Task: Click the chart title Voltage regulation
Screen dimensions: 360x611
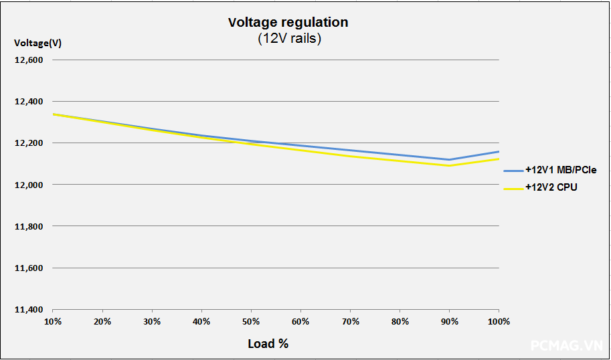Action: [288, 22]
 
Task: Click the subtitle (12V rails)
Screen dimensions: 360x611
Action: [290, 39]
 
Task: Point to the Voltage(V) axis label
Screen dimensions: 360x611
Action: [38, 43]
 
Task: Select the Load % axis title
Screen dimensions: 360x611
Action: [268, 343]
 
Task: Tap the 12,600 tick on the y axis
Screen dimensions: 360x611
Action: [29, 60]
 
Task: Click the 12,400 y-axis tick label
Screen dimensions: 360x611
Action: [29, 102]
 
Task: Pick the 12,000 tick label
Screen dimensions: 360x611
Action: [29, 185]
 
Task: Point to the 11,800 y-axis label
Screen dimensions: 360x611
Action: [29, 226]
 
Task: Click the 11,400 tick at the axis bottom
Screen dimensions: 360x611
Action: [29, 310]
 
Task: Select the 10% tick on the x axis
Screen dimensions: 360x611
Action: [53, 322]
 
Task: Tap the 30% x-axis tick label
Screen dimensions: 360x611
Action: [152, 322]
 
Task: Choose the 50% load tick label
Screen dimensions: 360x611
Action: [251, 322]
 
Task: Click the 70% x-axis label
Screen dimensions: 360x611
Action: [350, 322]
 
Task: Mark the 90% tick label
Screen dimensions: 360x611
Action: [449, 322]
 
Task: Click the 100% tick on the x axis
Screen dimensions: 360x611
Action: [499, 322]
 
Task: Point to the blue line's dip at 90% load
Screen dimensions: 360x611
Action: [449, 160]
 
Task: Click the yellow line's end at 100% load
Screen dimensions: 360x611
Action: [499, 159]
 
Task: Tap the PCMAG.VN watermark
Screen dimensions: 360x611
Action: [565, 345]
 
